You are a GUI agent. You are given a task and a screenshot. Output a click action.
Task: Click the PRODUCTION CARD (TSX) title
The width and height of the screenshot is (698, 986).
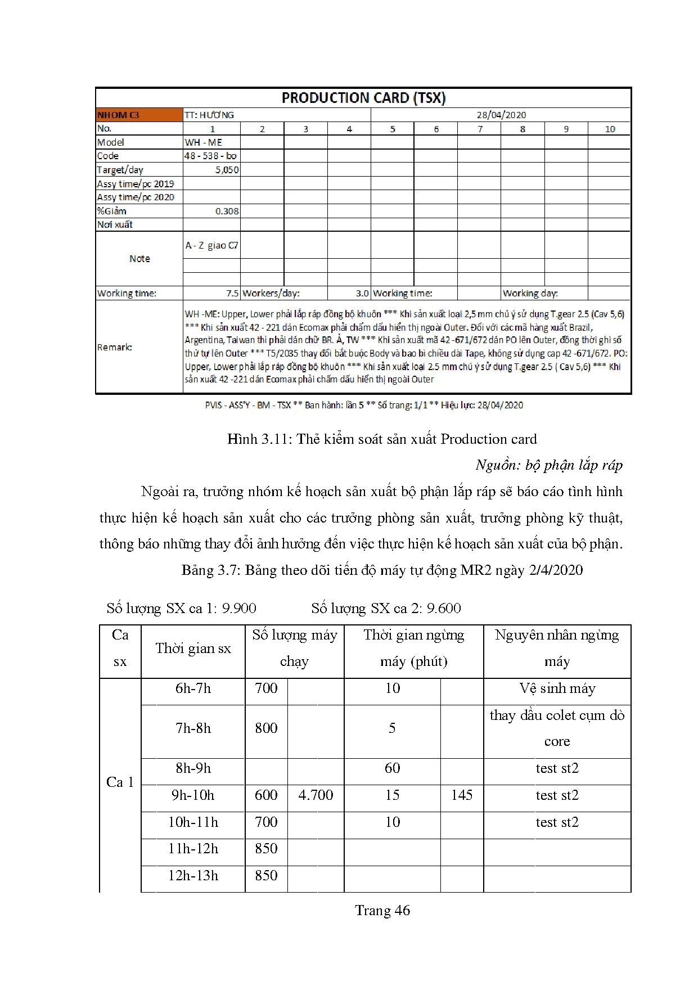click(363, 98)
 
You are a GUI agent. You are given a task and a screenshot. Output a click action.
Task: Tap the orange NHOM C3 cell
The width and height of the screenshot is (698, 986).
click(118, 115)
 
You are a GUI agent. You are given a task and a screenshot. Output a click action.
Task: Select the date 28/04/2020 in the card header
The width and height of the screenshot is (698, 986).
click(501, 115)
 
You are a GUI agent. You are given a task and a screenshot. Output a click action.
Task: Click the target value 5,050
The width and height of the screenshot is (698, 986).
click(227, 170)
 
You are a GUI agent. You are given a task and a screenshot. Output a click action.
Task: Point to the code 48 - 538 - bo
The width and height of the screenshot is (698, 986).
click(210, 156)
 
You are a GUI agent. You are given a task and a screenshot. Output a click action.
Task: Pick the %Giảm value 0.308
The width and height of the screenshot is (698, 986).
click(227, 211)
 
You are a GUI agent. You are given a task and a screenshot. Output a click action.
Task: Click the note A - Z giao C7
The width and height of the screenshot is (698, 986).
click(211, 245)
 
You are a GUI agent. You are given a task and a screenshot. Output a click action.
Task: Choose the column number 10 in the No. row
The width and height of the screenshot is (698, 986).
click(610, 129)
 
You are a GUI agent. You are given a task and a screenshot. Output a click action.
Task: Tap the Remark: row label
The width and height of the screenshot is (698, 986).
click(114, 347)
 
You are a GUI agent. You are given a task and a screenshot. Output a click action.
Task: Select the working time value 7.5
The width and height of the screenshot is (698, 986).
click(232, 293)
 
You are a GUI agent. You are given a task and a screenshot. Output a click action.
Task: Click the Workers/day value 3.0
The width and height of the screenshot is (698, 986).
click(362, 293)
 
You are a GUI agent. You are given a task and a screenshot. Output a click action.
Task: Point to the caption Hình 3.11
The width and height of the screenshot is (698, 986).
click(382, 439)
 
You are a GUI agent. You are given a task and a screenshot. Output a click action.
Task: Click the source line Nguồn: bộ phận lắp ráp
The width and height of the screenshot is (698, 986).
click(549, 465)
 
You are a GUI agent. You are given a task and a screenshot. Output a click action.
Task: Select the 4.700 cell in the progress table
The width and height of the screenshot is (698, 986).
click(316, 795)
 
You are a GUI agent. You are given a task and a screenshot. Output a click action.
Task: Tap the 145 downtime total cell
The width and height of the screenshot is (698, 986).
click(462, 795)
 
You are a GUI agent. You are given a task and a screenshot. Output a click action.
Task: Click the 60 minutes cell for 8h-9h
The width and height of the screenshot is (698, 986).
click(393, 768)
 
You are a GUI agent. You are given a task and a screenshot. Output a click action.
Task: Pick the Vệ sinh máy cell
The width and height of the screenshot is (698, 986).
click(557, 688)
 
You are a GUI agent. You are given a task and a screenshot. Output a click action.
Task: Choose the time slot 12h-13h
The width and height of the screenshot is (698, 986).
click(193, 875)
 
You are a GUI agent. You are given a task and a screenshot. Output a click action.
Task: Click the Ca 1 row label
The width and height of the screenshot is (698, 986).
click(120, 782)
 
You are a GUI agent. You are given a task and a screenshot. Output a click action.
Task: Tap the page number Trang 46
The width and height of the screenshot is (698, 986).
click(382, 910)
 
